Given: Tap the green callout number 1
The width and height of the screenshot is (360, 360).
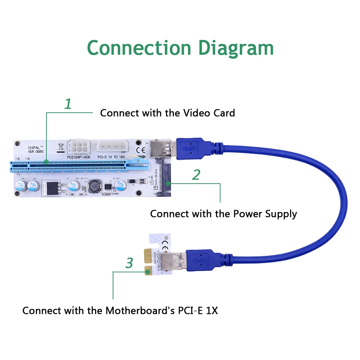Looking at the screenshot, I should (x=68, y=104).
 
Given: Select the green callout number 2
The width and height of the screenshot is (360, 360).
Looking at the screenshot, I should (x=196, y=175).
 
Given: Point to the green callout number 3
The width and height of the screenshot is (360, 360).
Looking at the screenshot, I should (x=129, y=263).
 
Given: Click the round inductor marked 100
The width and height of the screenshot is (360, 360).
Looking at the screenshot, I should (x=95, y=186).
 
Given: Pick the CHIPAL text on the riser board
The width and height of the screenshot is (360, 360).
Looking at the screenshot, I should (x=36, y=148).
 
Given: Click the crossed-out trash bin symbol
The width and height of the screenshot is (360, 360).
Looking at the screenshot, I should (x=60, y=147).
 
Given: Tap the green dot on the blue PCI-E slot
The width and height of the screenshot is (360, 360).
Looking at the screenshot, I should (x=46, y=163).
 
